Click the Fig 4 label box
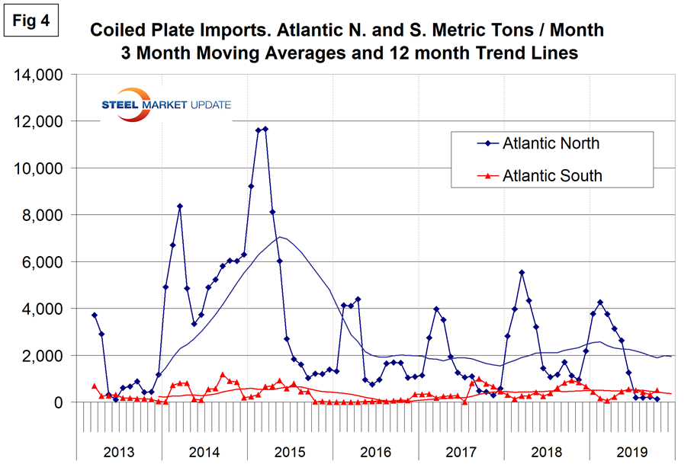[31, 20]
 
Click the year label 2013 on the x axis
[118, 451]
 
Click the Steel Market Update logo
[166, 104]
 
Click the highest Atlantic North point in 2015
[265, 129]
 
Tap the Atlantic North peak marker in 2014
[180, 206]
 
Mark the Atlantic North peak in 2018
[522, 272]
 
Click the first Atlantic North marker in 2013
[94, 315]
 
